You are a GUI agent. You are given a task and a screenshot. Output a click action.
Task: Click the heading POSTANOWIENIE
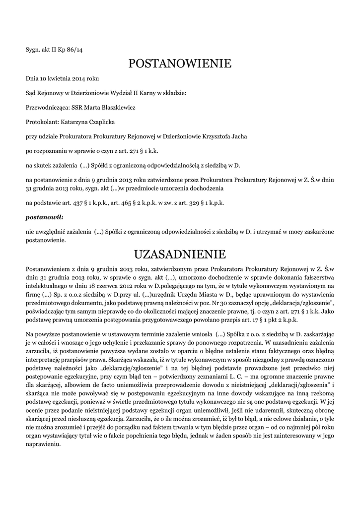[180, 63]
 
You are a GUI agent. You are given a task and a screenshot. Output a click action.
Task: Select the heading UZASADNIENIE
[180, 255]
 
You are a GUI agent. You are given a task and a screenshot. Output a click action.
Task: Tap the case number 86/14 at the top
[75, 49]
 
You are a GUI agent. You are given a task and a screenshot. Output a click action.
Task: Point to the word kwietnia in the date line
[61, 78]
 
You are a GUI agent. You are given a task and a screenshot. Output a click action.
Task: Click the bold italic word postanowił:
[44, 217]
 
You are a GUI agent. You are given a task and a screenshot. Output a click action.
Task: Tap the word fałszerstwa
[317, 278]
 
